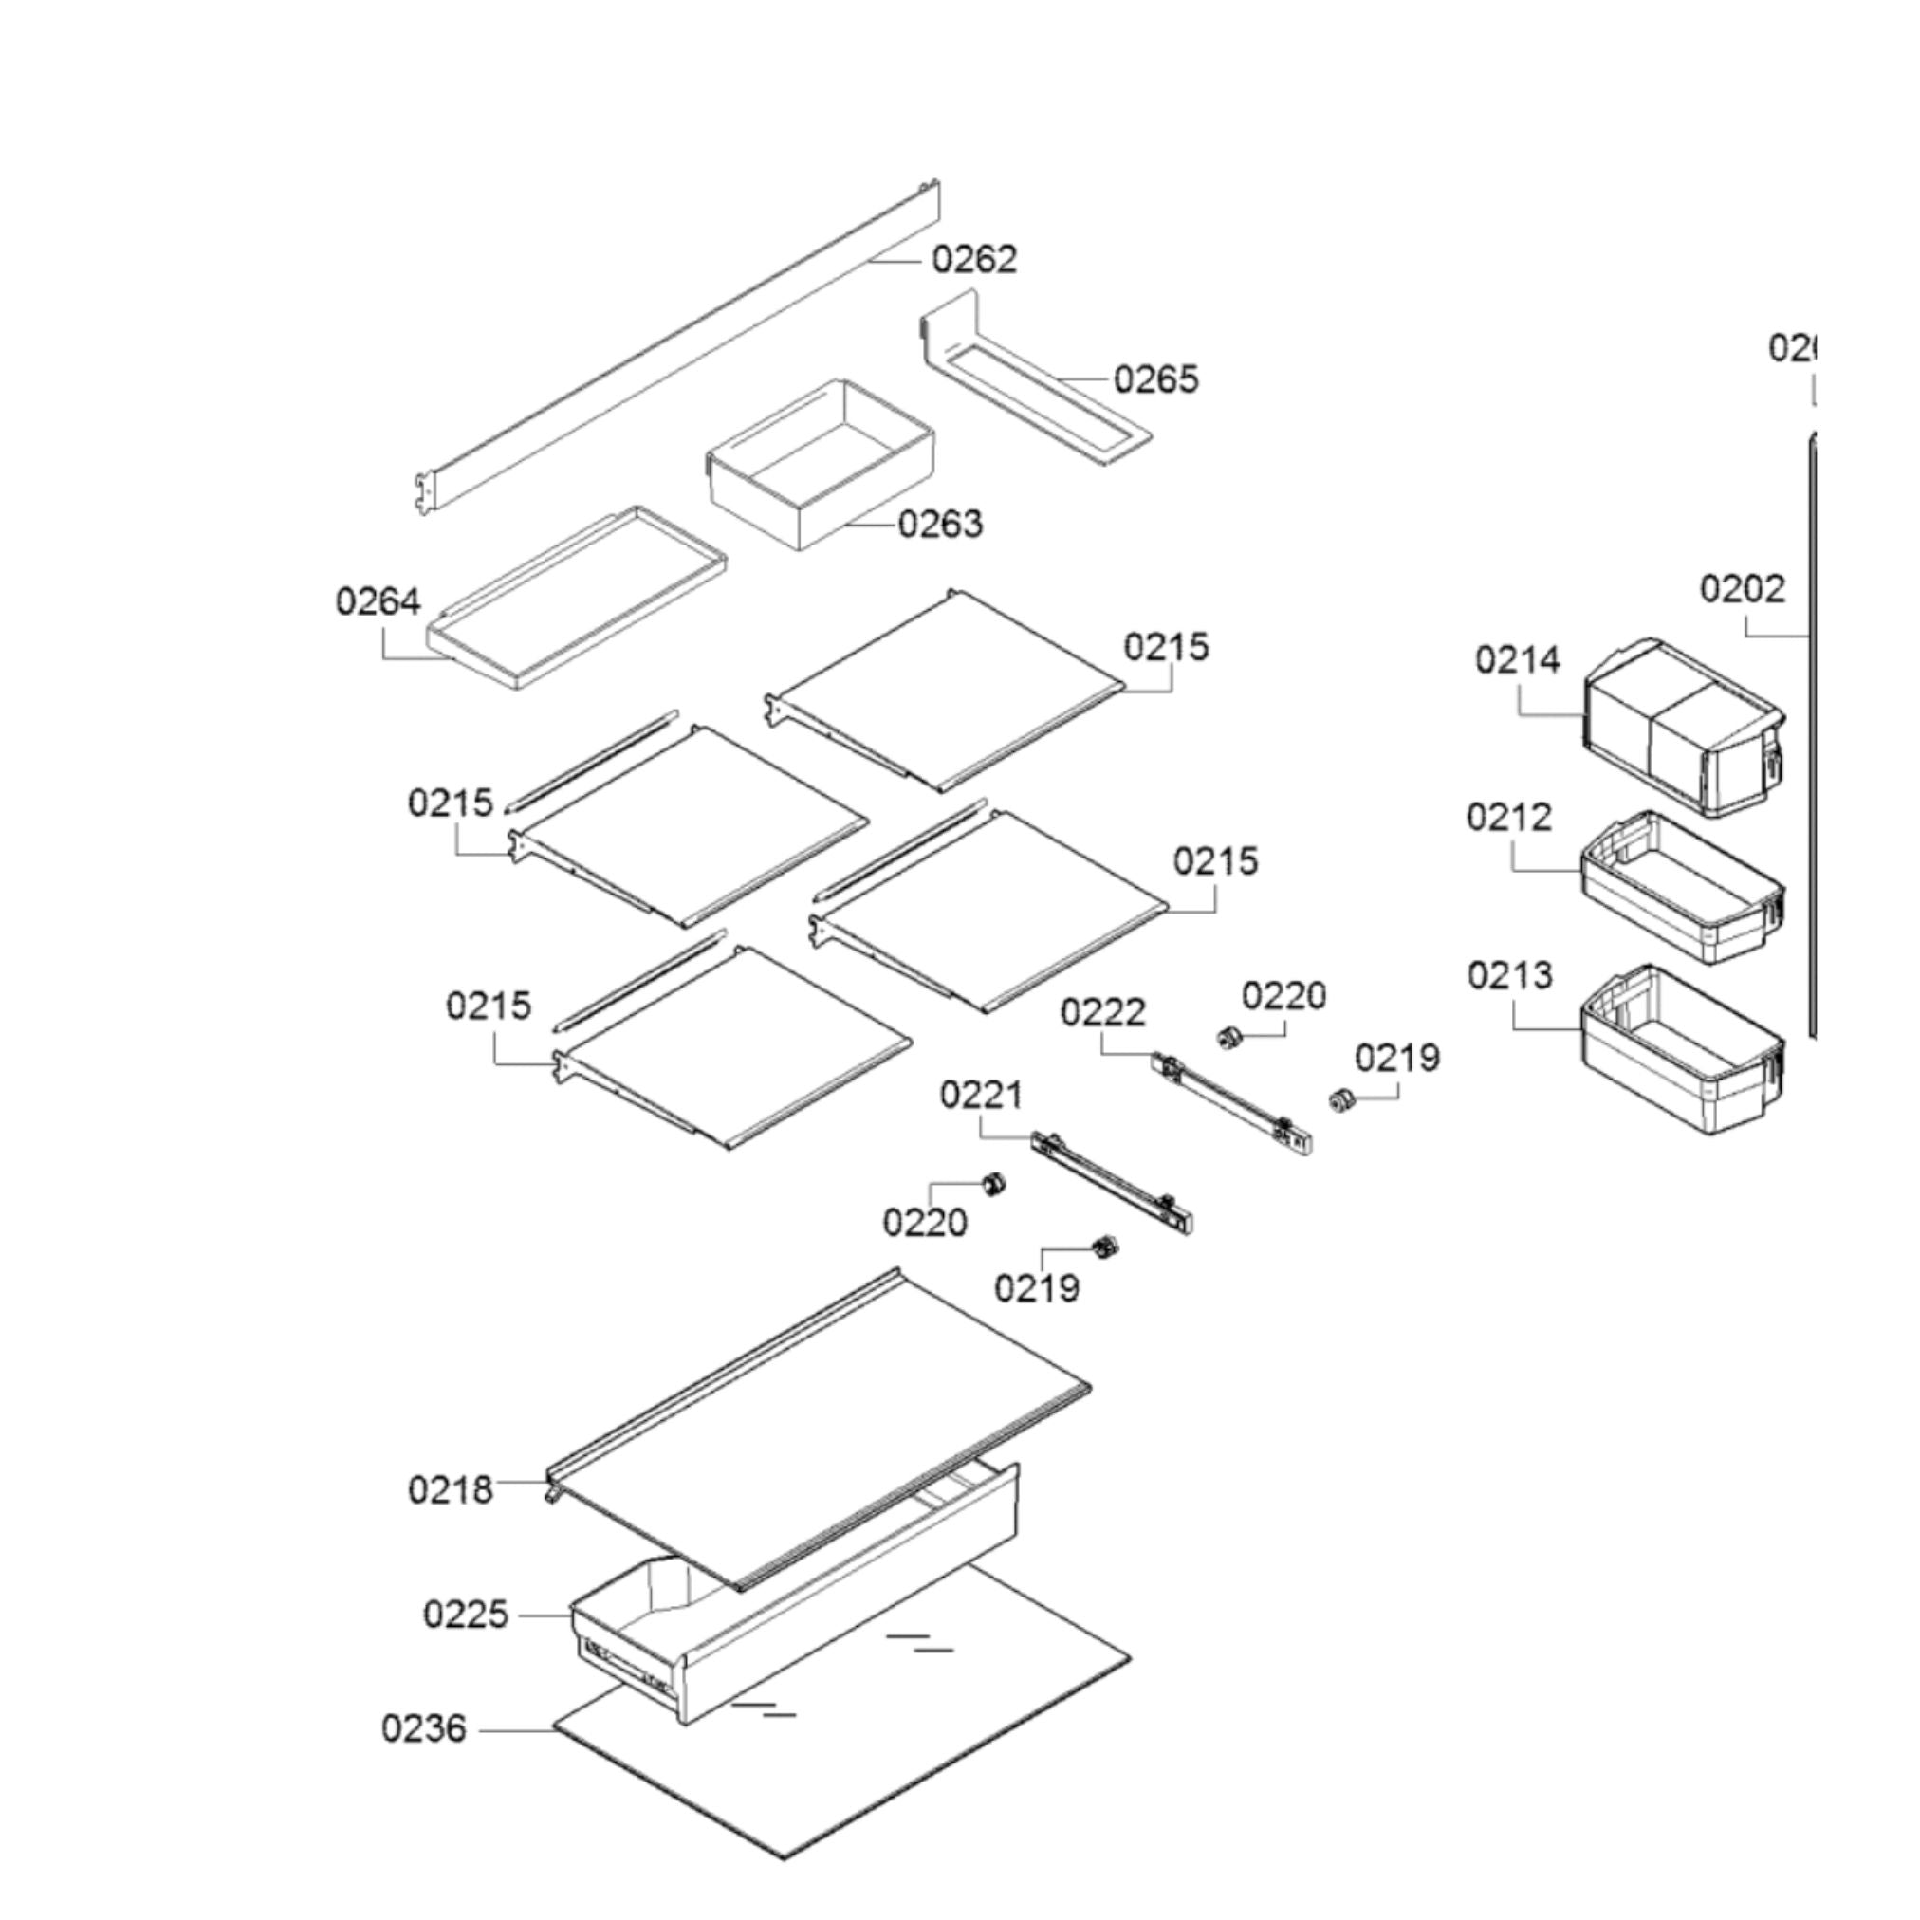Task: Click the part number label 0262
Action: (x=974, y=259)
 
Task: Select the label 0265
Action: (x=1155, y=378)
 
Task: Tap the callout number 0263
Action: (x=939, y=524)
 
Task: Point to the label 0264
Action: (x=378, y=601)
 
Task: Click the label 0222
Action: (x=1103, y=1013)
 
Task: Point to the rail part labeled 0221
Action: (x=1113, y=1183)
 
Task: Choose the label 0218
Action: (x=451, y=1489)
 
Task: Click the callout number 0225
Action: (x=465, y=1614)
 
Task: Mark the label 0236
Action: (x=423, y=1728)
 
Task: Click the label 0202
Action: (x=1741, y=588)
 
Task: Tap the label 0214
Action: (x=1518, y=660)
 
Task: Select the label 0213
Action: (x=1509, y=976)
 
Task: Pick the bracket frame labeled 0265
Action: (x=1034, y=382)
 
